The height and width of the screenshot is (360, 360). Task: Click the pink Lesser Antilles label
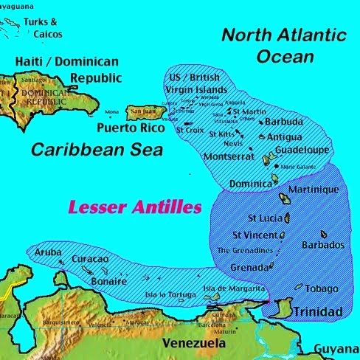tap(134, 208)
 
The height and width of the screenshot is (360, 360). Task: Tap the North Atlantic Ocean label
tap(284, 45)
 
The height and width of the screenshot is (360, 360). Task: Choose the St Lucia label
tap(262, 218)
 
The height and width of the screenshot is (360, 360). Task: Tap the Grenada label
tap(249, 267)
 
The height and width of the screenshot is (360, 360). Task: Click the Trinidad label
tap(318, 313)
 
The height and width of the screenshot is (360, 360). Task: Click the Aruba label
tap(48, 253)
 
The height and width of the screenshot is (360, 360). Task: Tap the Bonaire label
tap(108, 282)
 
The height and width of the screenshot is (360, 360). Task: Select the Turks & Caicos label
tap(42, 28)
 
